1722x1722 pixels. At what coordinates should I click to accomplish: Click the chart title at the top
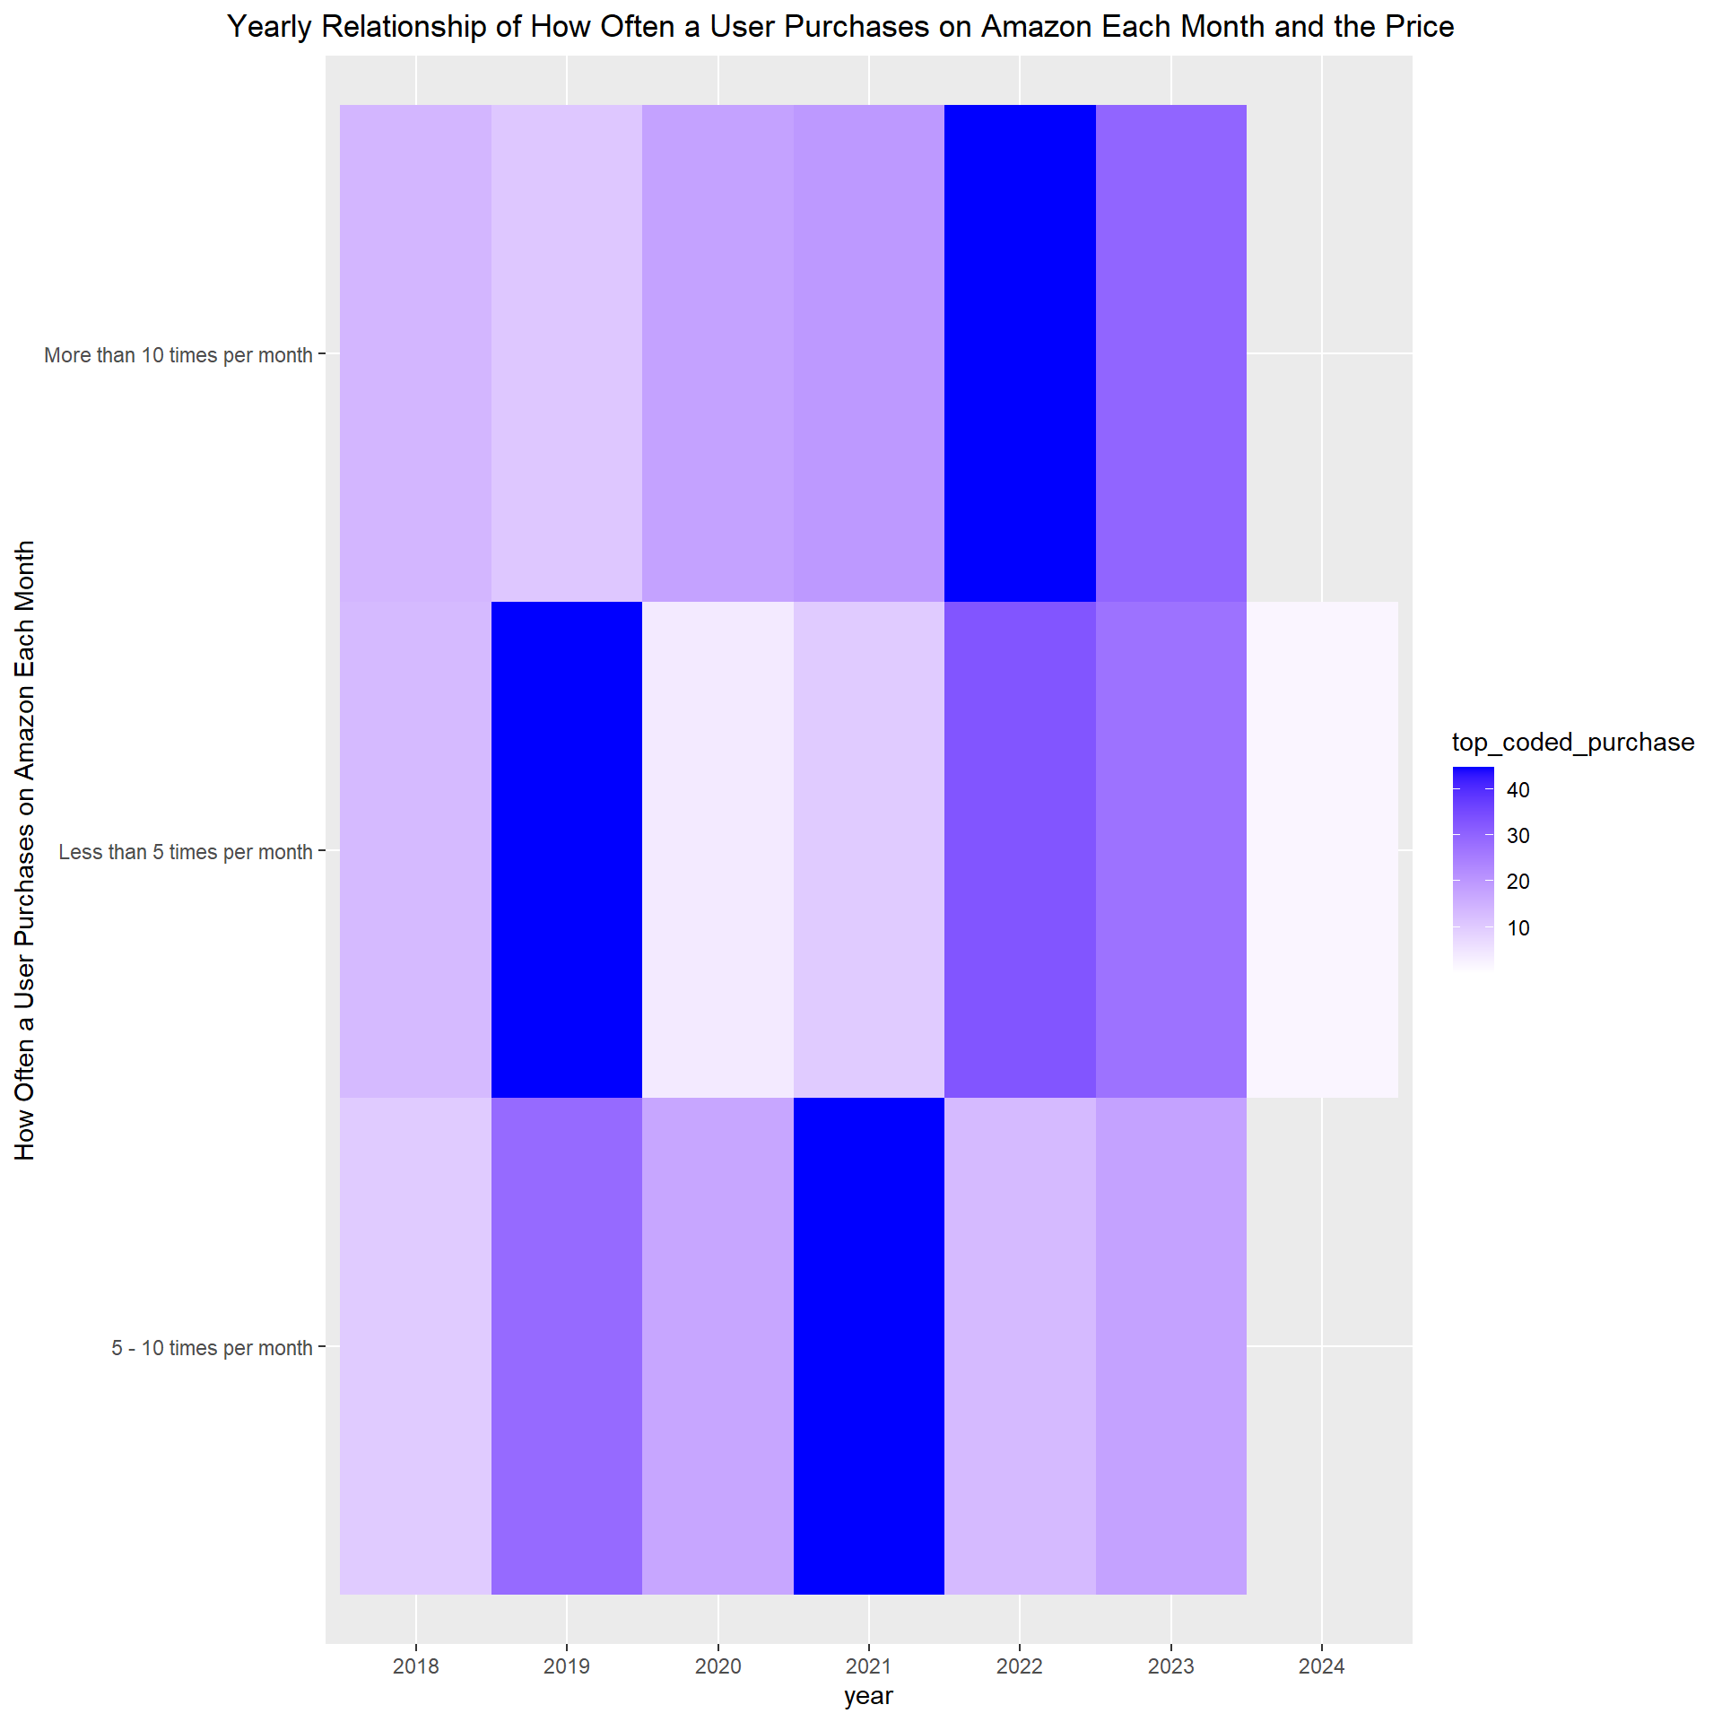[x=840, y=27]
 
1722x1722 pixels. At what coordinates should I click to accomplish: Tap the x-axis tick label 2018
[x=416, y=1666]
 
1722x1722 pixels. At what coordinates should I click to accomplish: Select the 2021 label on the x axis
[x=868, y=1666]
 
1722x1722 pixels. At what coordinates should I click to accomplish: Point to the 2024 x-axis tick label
[x=1321, y=1666]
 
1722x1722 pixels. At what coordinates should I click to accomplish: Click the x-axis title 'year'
[x=868, y=1696]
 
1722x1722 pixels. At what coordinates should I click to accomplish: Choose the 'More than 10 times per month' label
[x=178, y=355]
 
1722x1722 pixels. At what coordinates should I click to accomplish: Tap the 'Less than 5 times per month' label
[x=186, y=852]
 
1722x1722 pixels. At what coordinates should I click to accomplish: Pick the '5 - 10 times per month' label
[x=212, y=1348]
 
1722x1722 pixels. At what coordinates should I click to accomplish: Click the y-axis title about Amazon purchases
[x=25, y=849]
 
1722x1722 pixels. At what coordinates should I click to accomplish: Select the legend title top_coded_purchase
[x=1573, y=743]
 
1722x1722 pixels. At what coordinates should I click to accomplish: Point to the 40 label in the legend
[x=1518, y=790]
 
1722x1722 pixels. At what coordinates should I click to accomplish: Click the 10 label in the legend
[x=1518, y=928]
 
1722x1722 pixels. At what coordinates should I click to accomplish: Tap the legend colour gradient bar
[x=1473, y=868]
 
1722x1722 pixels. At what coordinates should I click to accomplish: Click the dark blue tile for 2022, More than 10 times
[x=1020, y=353]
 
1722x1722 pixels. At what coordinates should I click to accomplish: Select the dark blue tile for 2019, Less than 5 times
[x=567, y=849]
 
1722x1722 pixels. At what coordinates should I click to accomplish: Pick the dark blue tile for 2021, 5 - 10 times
[x=868, y=1346]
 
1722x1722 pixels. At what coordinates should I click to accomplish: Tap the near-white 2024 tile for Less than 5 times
[x=1321, y=849]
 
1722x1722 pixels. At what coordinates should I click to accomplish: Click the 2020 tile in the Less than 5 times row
[x=717, y=849]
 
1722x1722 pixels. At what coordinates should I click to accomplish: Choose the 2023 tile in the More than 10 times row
[x=1170, y=353]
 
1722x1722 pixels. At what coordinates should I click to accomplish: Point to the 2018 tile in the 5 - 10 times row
[x=416, y=1346]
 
